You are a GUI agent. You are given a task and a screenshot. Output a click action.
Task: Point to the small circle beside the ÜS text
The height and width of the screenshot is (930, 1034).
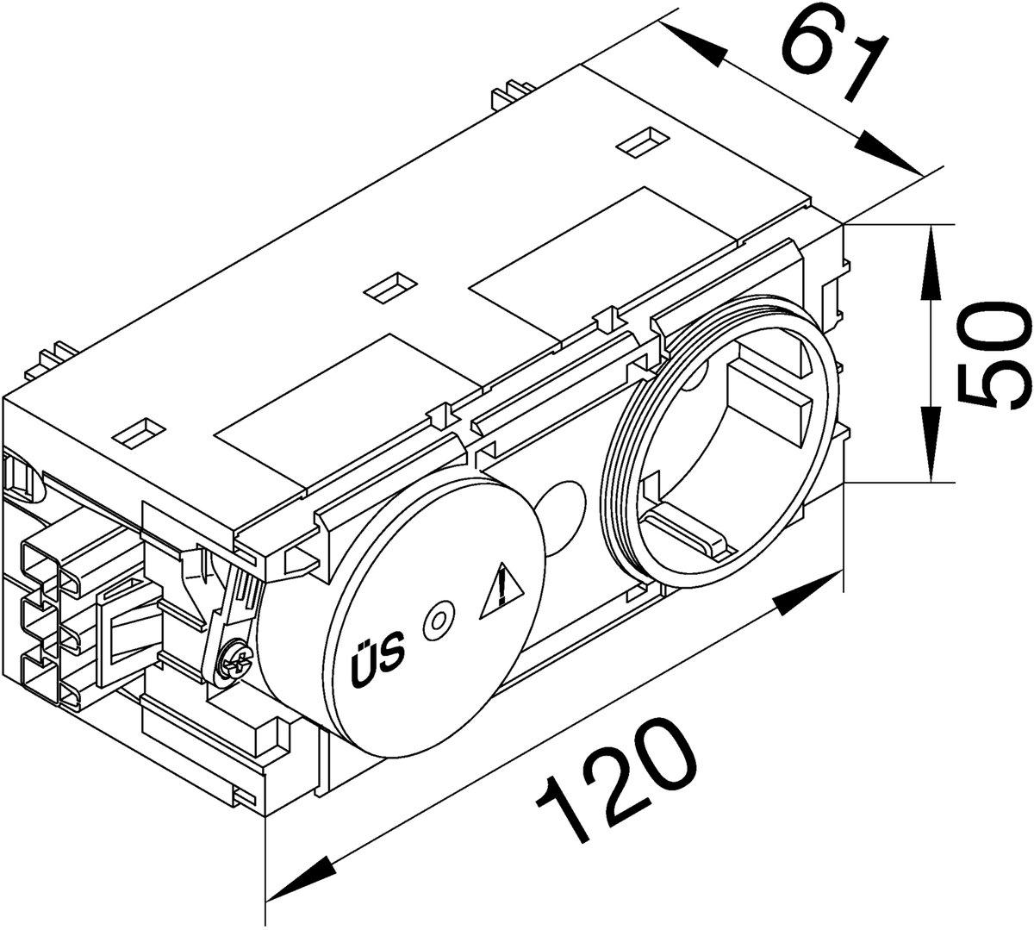tap(439, 621)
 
